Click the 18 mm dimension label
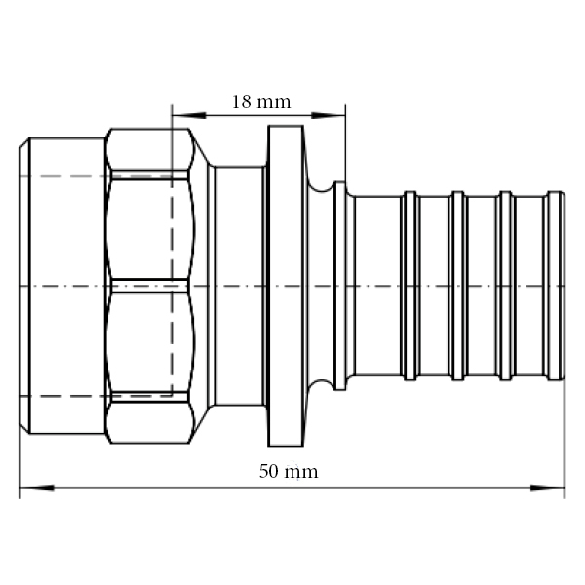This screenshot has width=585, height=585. (261, 101)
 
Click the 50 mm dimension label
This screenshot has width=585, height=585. (289, 471)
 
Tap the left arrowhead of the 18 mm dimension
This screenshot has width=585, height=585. (189, 115)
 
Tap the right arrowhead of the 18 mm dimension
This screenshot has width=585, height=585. (329, 115)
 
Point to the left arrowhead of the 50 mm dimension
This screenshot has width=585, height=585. (37, 487)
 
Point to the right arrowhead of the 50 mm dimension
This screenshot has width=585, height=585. (548, 487)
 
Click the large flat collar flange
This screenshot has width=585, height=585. (286, 286)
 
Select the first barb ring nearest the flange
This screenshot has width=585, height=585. (410, 286)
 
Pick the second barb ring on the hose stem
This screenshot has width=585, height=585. (458, 286)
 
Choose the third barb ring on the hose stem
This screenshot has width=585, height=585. (505, 286)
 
